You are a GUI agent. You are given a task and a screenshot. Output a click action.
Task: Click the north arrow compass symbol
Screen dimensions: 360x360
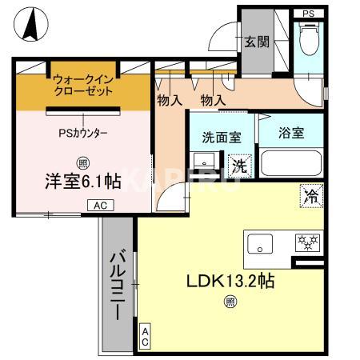click(31, 25)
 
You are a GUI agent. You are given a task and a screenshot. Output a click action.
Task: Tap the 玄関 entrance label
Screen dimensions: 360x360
click(256, 42)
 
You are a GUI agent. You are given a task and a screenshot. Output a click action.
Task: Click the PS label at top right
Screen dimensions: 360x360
click(308, 14)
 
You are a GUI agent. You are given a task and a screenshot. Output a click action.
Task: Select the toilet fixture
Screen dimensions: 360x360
click(308, 37)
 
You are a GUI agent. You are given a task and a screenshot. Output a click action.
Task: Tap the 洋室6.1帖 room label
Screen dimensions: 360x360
click(82, 181)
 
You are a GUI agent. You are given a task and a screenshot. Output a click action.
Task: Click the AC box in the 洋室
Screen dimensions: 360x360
click(100, 206)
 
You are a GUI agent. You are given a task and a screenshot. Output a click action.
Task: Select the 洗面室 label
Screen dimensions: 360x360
click(222, 138)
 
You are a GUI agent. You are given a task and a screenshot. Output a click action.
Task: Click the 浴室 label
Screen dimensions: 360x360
click(291, 133)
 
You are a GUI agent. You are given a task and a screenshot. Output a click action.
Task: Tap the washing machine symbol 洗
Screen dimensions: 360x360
click(239, 166)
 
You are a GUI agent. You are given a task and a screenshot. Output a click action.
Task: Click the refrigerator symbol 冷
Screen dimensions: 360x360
click(311, 195)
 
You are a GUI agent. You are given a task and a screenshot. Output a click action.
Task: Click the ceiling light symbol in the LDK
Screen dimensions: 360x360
click(230, 302)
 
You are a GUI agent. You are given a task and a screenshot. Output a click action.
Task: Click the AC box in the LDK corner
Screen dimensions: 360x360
click(145, 337)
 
